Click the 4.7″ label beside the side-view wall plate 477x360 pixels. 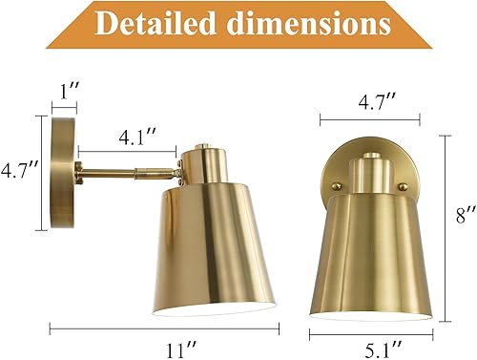pos(19,172)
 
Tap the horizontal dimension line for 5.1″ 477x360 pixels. pos(369,328)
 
